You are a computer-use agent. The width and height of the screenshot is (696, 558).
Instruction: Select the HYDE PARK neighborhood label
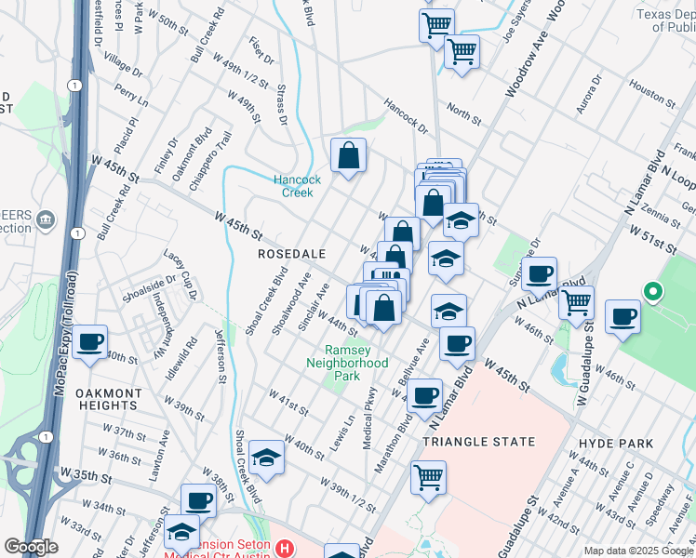tap(615, 444)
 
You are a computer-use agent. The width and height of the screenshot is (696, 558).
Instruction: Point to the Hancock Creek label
tap(297, 186)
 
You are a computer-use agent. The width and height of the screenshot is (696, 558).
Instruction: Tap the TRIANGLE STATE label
tap(479, 442)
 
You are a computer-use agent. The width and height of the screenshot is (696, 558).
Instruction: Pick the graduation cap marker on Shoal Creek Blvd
tap(266, 457)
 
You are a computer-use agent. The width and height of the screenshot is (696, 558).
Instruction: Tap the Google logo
tap(31, 547)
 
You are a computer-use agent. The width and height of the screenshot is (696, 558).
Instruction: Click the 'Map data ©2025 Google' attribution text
tap(638, 551)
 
